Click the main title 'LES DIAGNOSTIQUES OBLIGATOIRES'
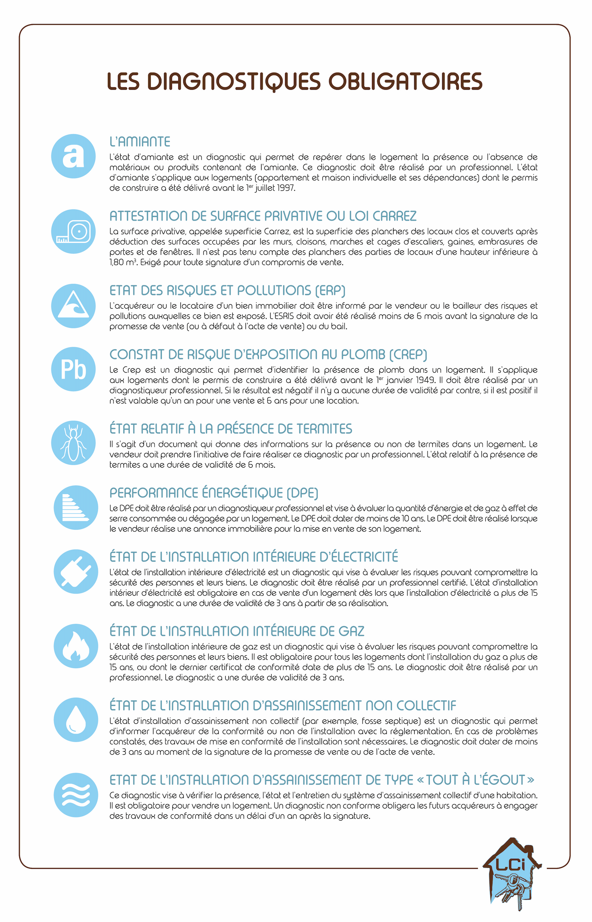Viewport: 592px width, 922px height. pos(295,81)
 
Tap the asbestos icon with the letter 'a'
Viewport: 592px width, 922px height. pos(73,156)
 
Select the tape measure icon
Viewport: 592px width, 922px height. pos(73,231)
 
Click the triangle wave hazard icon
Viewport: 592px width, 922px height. pos(73,306)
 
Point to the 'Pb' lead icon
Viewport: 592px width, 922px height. pos(73,369)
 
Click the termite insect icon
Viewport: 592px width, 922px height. pos(73,443)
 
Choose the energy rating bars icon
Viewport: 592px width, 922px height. pos(76,508)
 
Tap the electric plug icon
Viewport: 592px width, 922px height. pos(76,572)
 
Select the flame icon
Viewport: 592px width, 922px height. pos(76,646)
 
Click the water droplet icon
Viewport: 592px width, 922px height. pos(76,720)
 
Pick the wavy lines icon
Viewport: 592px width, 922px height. pos(76,795)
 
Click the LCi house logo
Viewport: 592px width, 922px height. pos(512,874)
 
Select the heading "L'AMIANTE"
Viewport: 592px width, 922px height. pos(140,142)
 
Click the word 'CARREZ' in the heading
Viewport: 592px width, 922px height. pos(395,216)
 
